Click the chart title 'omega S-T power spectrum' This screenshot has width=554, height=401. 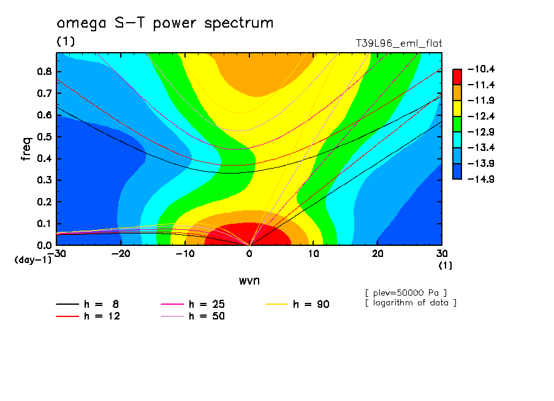click(165, 23)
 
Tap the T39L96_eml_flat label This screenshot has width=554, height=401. click(399, 43)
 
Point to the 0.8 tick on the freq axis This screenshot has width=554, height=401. click(45, 71)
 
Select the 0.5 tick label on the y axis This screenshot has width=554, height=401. click(45, 137)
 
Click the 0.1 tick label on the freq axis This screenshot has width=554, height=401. click(45, 224)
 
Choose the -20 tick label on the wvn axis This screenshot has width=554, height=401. click(121, 254)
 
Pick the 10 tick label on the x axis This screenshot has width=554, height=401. click(313, 254)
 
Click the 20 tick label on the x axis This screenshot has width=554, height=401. click(378, 254)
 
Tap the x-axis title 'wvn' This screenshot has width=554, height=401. click(249, 281)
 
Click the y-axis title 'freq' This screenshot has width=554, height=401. click(26, 149)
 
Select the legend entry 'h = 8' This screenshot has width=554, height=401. click(88, 304)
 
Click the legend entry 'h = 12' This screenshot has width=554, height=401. click(88, 316)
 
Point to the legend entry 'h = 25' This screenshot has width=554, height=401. click(193, 304)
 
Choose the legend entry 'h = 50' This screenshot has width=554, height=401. click(193, 316)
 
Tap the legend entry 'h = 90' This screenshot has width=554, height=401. click(297, 304)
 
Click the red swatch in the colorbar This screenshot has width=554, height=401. click(457, 77)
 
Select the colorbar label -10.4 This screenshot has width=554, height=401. click(481, 69)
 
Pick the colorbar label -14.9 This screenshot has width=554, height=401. click(481, 179)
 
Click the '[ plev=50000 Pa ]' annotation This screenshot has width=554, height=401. click(406, 293)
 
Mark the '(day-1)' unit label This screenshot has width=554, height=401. click(33, 260)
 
